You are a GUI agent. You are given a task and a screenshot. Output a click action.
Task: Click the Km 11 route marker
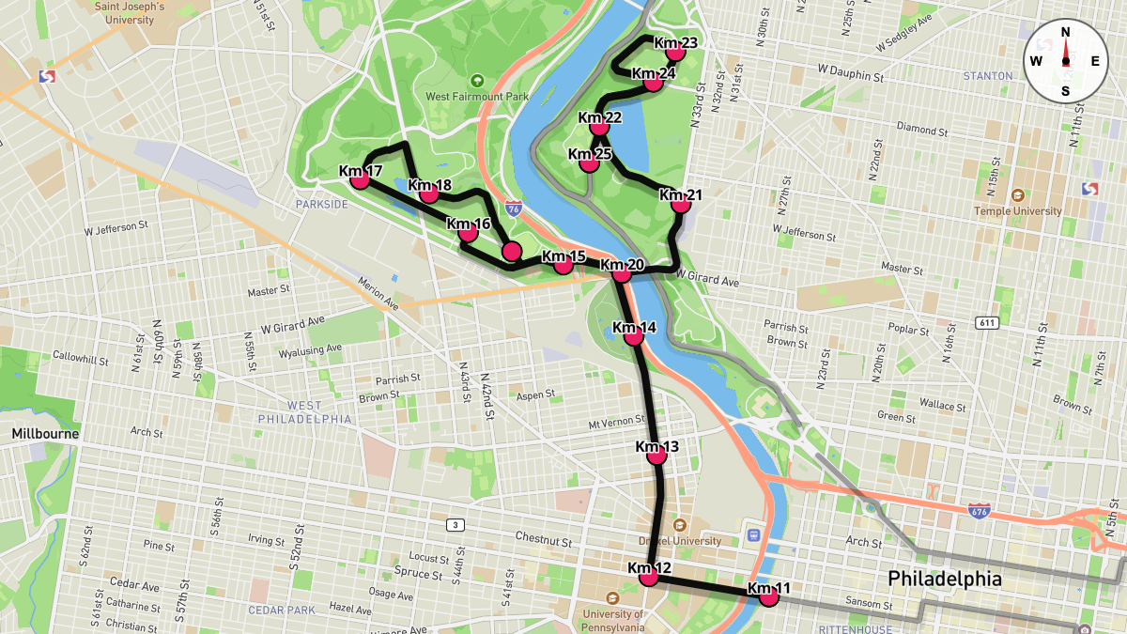click(769, 595)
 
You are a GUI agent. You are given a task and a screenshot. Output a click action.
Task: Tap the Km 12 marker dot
click(649, 576)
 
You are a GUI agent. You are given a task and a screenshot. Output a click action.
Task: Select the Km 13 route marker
click(656, 455)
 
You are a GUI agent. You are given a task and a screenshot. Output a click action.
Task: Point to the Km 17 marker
click(360, 178)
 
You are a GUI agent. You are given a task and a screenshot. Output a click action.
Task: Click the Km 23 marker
click(675, 51)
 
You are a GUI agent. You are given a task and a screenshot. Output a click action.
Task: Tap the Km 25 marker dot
click(589, 162)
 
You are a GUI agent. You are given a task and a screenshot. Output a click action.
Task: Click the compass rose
click(1065, 60)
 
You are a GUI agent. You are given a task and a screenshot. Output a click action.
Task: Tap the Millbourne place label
click(45, 434)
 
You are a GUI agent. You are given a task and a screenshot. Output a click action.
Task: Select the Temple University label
click(1018, 210)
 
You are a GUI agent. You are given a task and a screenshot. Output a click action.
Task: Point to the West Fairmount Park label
click(477, 96)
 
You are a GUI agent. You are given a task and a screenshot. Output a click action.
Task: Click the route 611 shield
click(986, 323)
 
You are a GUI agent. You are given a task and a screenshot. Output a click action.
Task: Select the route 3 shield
click(455, 524)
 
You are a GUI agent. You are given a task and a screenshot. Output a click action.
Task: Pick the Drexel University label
click(680, 540)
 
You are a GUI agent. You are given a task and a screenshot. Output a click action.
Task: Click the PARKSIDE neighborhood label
click(322, 204)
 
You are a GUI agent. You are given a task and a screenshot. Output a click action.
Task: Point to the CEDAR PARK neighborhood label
click(282, 610)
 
